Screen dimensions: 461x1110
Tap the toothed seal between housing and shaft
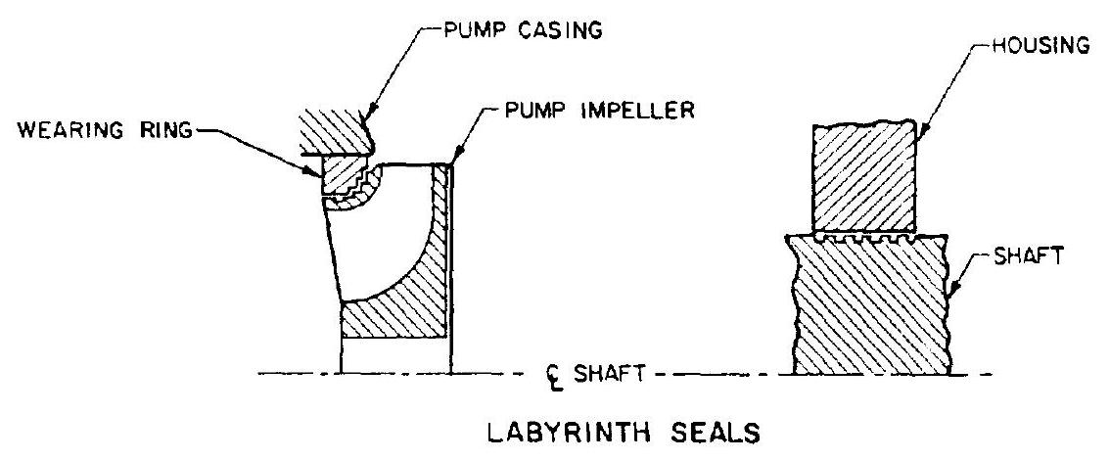[x=865, y=237]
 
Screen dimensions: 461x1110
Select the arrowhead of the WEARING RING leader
[x=319, y=174]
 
